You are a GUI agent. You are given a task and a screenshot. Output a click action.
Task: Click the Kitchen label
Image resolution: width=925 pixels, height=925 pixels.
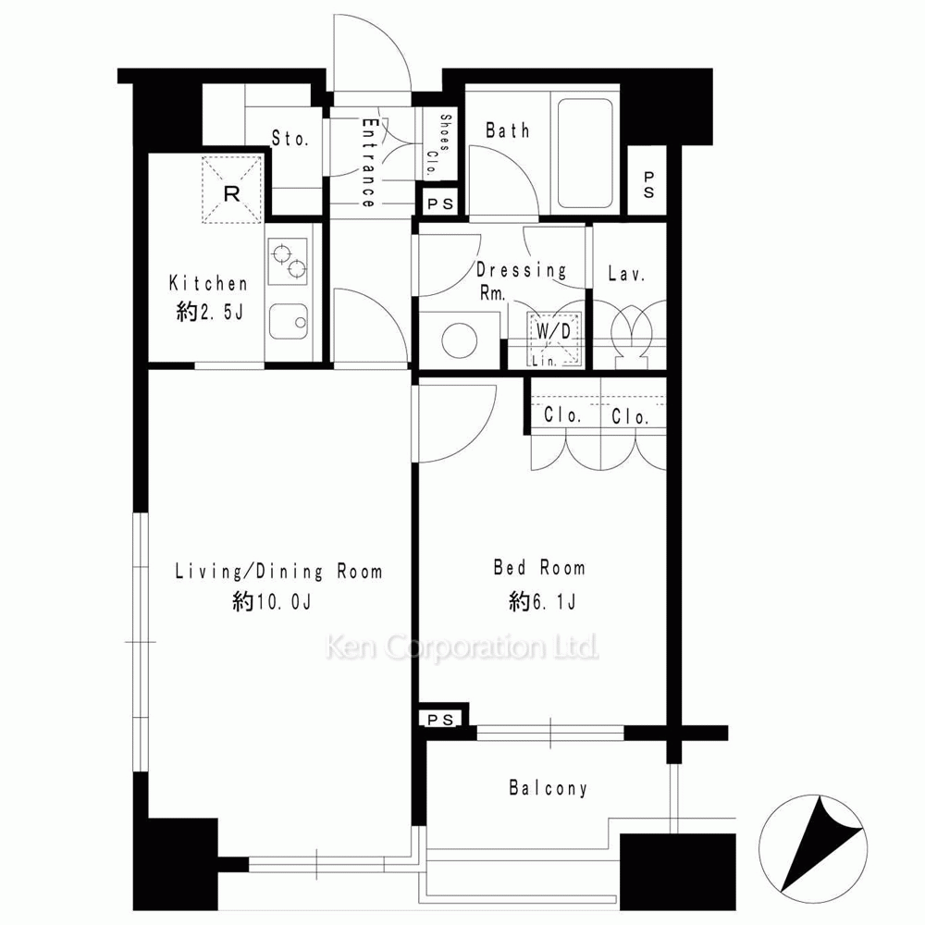207,283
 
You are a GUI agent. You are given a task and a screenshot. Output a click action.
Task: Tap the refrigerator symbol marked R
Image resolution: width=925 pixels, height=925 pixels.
232,190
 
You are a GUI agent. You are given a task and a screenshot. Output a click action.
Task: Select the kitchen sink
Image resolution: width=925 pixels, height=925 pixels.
289,322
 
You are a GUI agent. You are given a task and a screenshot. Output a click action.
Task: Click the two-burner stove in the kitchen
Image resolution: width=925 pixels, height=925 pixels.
289,260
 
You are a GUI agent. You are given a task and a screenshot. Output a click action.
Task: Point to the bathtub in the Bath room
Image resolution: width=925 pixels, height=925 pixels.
586,154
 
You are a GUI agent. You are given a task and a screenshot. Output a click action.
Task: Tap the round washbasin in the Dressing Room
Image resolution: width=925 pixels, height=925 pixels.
460,340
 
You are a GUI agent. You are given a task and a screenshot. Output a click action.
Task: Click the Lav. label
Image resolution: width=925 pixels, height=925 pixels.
626,274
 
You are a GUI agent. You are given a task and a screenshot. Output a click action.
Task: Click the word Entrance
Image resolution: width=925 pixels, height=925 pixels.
369,162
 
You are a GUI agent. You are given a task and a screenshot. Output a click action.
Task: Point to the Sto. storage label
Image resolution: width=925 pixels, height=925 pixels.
290,138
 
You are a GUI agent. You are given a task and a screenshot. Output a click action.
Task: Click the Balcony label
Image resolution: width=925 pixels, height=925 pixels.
548,788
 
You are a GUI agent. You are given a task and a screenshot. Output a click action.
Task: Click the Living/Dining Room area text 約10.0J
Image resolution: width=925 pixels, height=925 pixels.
272,602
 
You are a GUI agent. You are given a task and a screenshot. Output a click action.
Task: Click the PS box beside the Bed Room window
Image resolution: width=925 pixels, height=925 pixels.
440,720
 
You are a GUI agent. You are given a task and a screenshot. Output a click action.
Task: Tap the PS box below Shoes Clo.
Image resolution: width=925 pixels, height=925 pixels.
440,204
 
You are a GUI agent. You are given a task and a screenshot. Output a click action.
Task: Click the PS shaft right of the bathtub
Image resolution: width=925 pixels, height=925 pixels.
647,184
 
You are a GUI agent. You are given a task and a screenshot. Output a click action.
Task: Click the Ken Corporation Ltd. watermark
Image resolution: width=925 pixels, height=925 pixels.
462,647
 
